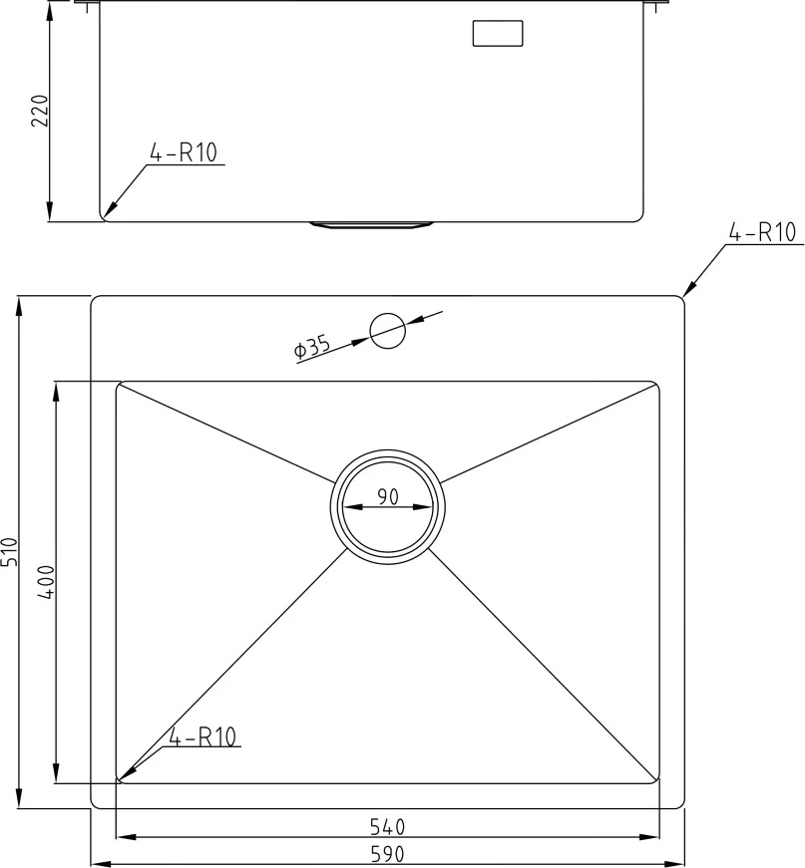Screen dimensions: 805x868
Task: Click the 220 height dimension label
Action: point(41,111)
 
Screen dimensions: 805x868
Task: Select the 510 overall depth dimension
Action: point(11,551)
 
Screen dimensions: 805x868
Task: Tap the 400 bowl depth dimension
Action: point(46,582)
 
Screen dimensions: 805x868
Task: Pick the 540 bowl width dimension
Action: point(387,827)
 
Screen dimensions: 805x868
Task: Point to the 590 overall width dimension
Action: point(387,854)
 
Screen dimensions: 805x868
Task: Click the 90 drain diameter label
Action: point(388,496)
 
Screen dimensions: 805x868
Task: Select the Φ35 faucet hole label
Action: point(312,347)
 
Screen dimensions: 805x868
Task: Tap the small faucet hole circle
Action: point(388,331)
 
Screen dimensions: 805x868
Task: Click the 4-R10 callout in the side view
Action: point(184,152)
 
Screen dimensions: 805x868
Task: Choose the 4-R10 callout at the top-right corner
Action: point(762,232)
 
